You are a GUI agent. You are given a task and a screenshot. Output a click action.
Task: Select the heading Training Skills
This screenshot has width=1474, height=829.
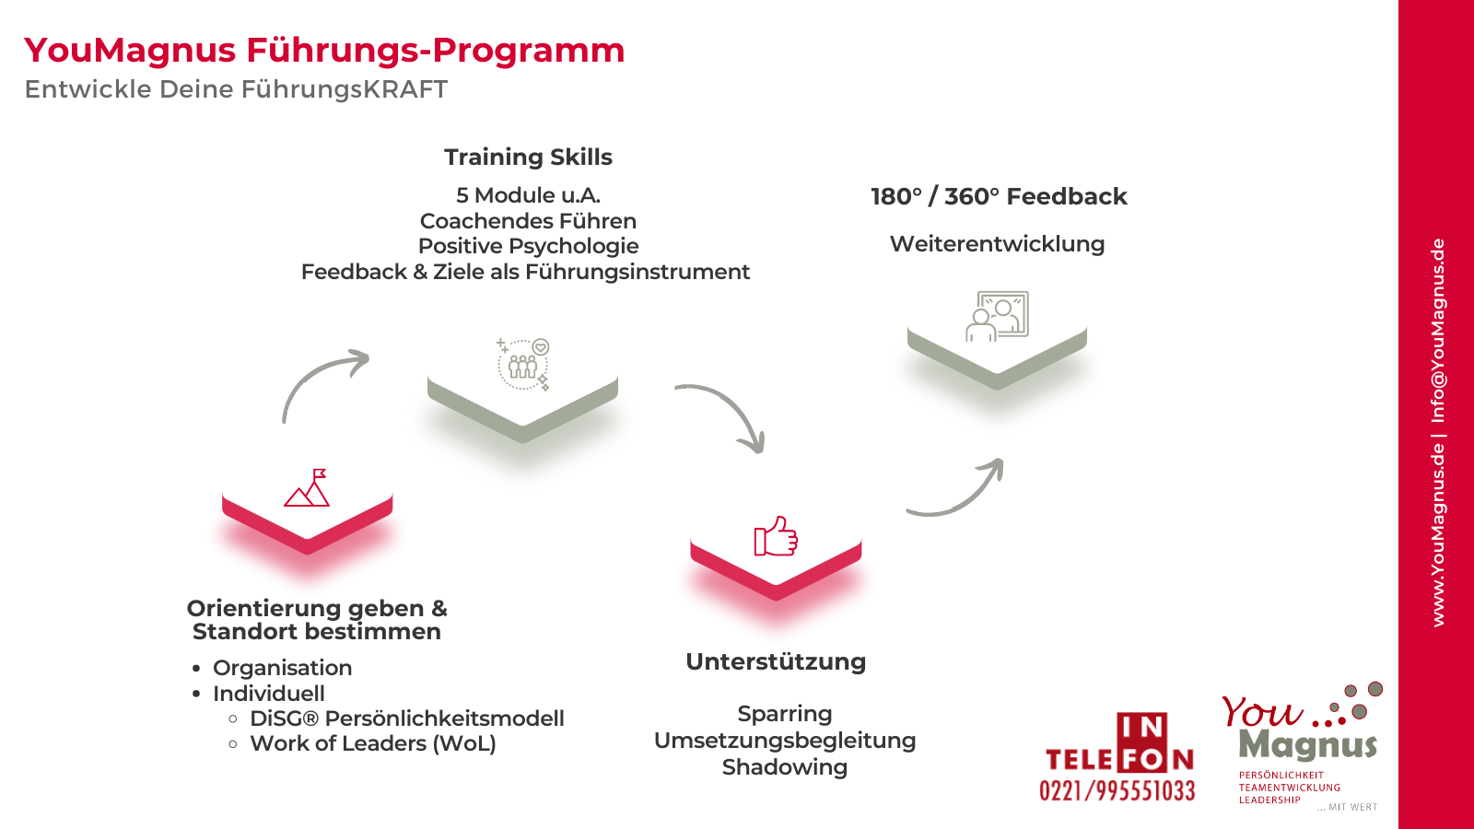point(528,158)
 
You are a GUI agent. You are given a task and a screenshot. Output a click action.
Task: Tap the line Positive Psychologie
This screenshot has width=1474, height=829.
point(529,246)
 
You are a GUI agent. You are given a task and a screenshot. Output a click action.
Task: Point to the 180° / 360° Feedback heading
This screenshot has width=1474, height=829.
point(999,197)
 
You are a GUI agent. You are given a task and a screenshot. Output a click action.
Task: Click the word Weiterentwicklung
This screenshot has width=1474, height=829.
point(997,244)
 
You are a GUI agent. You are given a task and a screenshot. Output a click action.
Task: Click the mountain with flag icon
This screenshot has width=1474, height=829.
point(308,487)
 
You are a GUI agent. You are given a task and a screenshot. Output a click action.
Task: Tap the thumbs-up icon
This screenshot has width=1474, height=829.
point(776,536)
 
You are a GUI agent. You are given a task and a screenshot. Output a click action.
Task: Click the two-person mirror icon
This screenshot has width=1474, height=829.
point(997,317)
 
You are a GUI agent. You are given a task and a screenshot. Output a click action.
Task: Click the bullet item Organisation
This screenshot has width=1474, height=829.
point(282,668)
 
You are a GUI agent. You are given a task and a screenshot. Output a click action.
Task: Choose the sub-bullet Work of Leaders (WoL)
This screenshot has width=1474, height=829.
point(372,743)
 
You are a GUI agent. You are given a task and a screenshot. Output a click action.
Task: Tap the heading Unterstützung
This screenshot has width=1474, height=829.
point(776,662)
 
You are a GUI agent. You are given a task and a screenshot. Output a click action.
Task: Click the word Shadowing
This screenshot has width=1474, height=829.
point(784,767)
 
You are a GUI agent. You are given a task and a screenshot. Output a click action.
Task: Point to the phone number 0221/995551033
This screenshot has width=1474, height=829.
point(1117,790)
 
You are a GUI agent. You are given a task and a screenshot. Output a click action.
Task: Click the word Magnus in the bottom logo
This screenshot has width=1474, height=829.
point(1308,745)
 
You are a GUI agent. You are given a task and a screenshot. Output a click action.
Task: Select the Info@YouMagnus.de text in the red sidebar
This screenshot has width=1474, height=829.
point(1438,331)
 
